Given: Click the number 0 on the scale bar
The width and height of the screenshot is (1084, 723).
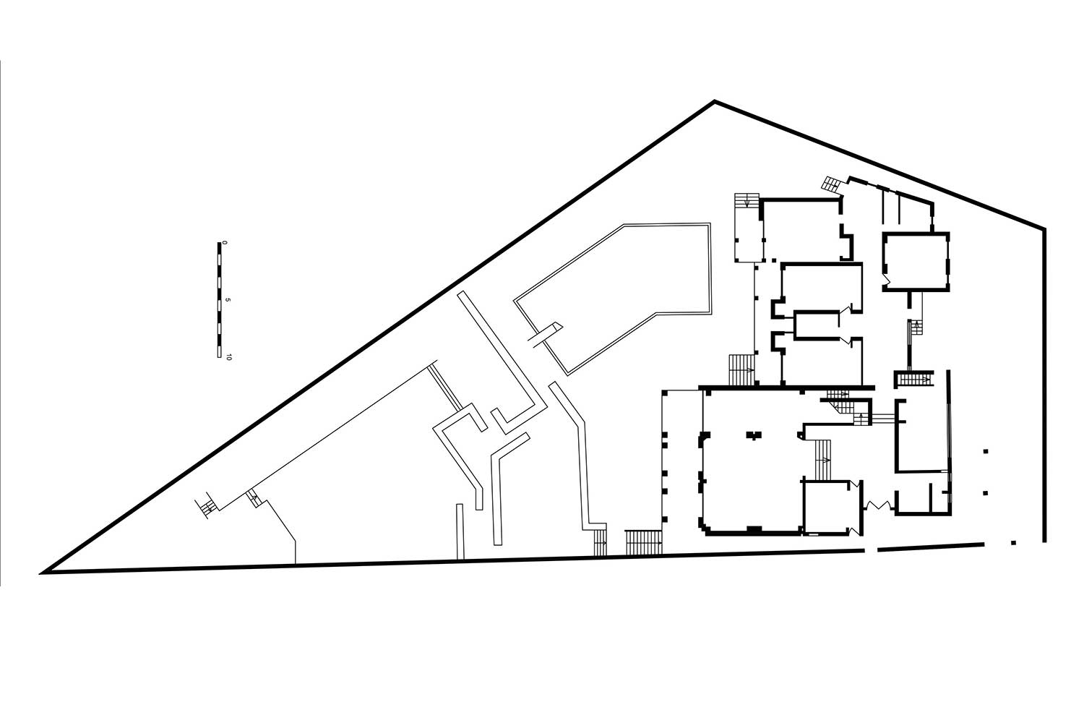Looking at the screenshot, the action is pos(225,243).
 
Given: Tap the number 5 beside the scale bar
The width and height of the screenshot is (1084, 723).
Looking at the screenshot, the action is pos(228,300).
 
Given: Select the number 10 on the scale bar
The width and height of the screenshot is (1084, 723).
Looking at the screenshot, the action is pos(228,357).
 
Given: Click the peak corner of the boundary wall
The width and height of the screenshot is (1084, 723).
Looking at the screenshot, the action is pos(714,101).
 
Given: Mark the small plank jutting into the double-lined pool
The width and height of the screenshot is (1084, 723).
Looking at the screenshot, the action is pos(545,335).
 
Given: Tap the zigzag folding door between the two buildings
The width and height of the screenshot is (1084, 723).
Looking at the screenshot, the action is pos(878,505).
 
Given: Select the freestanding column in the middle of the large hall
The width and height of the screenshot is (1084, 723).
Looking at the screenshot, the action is pos(754,435).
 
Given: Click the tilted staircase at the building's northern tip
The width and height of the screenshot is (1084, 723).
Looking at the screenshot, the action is pos(833,183).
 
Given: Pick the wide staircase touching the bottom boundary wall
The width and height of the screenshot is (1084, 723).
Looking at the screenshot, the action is pos(644,542).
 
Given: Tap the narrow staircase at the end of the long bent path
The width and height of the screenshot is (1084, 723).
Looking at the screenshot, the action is pos(600,542).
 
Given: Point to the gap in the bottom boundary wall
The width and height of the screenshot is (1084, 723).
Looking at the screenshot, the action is pos(871,549).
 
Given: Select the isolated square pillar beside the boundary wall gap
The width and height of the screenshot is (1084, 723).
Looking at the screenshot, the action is pos(1014,542).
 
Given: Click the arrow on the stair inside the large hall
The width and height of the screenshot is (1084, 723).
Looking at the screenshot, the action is pos(823,459).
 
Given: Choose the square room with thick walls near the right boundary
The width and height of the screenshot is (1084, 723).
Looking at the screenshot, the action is pos(916,262).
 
